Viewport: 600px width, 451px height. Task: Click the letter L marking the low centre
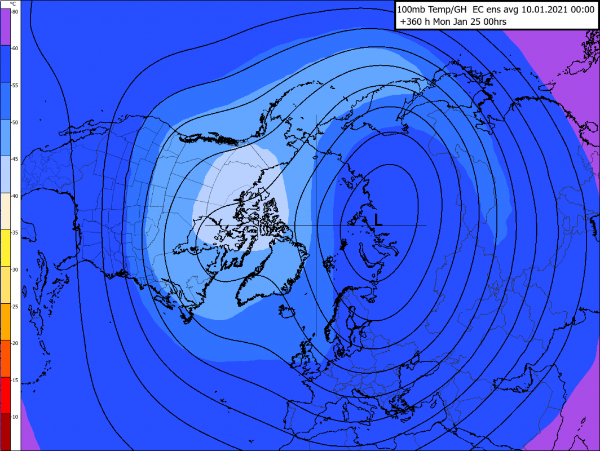[378, 219]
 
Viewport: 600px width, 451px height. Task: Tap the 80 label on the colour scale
[15, 11]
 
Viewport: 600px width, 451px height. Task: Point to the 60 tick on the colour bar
[15, 48]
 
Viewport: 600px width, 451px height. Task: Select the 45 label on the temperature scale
[15, 160]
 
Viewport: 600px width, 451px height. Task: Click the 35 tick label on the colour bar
[15, 233]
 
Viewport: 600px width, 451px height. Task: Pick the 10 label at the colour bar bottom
[15, 417]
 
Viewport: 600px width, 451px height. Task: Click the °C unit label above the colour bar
[13, 3]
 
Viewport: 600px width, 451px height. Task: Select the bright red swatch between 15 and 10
[10, 395]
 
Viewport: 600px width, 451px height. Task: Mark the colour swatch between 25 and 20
[10, 321]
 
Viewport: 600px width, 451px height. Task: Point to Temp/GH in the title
[448, 10]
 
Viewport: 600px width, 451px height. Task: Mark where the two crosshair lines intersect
[316, 225]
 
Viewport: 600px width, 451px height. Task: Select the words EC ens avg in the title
[492, 10]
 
